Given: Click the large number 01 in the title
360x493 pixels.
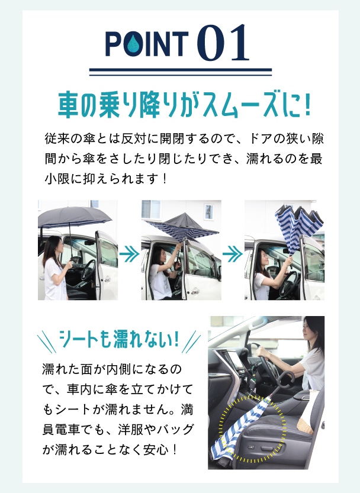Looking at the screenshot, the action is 223,43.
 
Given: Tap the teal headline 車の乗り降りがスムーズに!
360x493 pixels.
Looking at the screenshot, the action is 184,104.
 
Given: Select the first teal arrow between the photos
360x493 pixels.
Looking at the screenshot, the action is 129,253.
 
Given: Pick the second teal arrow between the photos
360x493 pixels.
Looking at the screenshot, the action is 233,253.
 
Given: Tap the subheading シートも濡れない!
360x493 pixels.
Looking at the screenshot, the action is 119,339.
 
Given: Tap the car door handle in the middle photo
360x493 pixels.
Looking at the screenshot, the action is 195,292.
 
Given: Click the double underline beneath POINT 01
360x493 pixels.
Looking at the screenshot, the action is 181,72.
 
